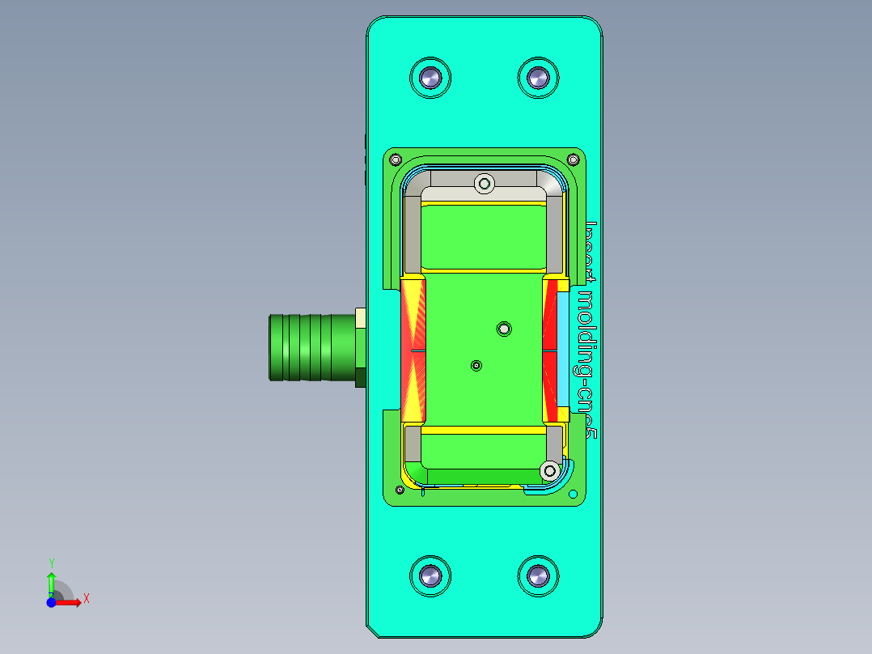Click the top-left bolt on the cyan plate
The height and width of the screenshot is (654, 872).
[430, 78]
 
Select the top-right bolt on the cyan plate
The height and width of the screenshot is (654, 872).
[538, 78]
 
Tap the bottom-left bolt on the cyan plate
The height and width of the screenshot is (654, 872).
[430, 576]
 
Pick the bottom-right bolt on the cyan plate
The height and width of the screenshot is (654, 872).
[538, 576]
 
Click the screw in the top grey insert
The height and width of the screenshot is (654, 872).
[485, 184]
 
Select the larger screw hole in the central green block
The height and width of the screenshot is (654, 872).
[504, 328]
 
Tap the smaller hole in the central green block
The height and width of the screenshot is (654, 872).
[476, 366]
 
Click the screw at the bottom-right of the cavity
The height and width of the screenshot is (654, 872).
[550, 469]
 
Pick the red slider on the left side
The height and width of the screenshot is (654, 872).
[413, 350]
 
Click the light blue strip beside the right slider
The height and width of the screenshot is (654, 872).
[563, 350]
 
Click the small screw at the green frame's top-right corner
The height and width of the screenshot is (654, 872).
[575, 159]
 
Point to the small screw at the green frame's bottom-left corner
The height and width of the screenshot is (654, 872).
[399, 490]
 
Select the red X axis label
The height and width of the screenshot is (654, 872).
[86, 598]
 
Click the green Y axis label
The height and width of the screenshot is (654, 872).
[51, 563]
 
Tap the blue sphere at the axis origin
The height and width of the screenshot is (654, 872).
[51, 602]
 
